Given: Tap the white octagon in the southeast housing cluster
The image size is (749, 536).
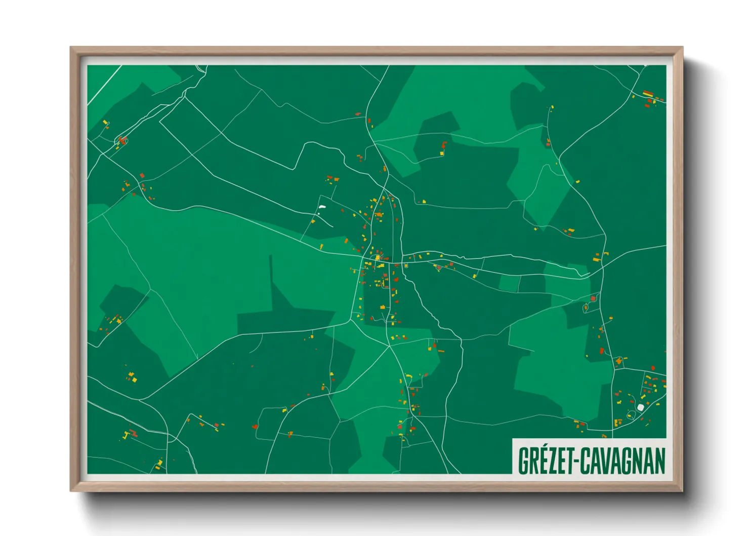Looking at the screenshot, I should pos(641,407).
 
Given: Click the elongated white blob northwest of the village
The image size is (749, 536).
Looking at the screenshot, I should pos(322,207).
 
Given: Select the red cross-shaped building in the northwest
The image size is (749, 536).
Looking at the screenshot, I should pos(121,140).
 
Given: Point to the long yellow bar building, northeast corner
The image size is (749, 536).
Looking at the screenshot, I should pos(648,93).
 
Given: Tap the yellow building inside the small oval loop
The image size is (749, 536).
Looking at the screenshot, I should pos(378,258).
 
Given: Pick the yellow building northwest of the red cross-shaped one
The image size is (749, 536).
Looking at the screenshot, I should pos(105,122).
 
